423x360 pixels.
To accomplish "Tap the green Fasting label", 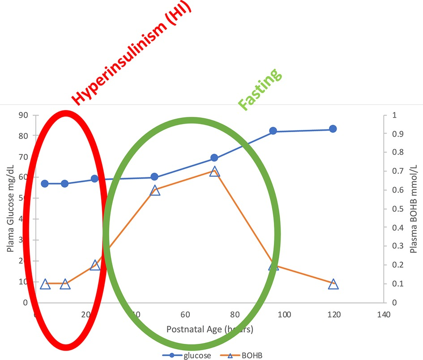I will pyautogui.click(x=261, y=89).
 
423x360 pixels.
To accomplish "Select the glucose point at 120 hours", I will pyautogui.click(x=333, y=129).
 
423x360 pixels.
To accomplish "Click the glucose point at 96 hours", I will pyautogui.click(x=273, y=131).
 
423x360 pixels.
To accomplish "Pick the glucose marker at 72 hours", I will pyautogui.click(x=214, y=158).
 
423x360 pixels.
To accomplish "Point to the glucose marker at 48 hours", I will pyautogui.click(x=154, y=176).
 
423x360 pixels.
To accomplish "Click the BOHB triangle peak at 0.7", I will pyautogui.click(x=214, y=171).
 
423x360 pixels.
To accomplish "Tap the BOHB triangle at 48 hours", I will pyautogui.click(x=155, y=190).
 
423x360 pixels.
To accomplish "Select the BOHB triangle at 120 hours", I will pyautogui.click(x=333, y=284).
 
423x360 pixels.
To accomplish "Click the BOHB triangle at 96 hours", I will pyautogui.click(x=273, y=266).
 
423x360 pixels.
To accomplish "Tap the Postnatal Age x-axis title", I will pyautogui.click(x=210, y=330).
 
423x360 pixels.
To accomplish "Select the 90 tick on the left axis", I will pyautogui.click(x=22, y=115).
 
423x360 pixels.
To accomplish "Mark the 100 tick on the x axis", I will pyautogui.click(x=284, y=315).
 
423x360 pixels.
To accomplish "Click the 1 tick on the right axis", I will pyautogui.click(x=394, y=115).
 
